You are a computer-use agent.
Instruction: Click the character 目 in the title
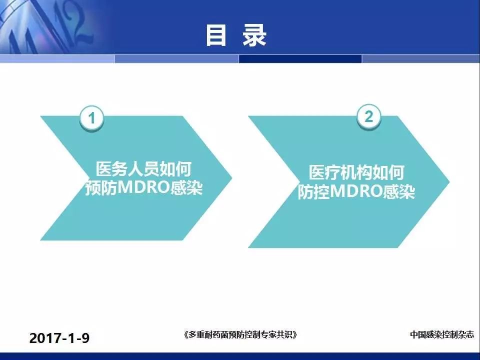[x=216, y=35]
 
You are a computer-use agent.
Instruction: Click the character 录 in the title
[x=254, y=35]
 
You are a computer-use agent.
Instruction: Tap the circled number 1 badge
[x=91, y=118]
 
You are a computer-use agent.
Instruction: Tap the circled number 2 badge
[x=369, y=117]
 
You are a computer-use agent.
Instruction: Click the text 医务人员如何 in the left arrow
[x=143, y=169]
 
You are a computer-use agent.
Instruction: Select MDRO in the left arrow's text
[x=143, y=187]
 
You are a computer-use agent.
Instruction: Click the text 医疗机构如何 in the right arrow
[x=356, y=172]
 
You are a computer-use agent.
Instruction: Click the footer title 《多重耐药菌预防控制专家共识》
[x=240, y=334]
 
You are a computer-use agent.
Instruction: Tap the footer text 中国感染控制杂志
[x=441, y=334]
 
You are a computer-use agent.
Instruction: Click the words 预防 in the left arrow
[x=101, y=187]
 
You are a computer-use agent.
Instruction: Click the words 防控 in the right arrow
[x=314, y=191]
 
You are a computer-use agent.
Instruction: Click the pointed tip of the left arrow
[x=231, y=177]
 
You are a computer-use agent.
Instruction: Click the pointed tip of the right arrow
[x=449, y=182]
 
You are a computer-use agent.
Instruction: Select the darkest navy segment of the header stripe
[x=300, y=59]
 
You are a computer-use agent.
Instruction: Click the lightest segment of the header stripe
[x=57, y=59]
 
